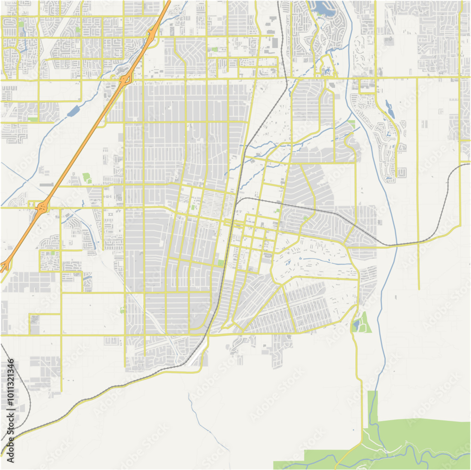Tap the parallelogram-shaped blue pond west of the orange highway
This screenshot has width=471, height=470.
point(73,111)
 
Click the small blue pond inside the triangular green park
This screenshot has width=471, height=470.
point(356,324)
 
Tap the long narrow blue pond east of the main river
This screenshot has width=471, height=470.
point(390,109)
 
